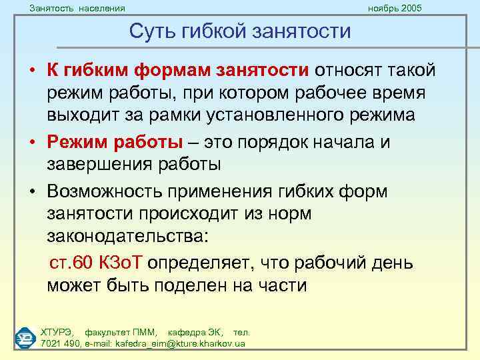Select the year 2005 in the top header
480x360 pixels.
(x=409, y=7)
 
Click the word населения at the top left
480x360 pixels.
(x=100, y=7)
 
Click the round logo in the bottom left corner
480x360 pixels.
(x=25, y=337)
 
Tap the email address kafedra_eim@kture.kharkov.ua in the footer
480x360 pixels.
(x=171, y=343)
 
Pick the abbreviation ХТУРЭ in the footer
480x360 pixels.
(x=57, y=331)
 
